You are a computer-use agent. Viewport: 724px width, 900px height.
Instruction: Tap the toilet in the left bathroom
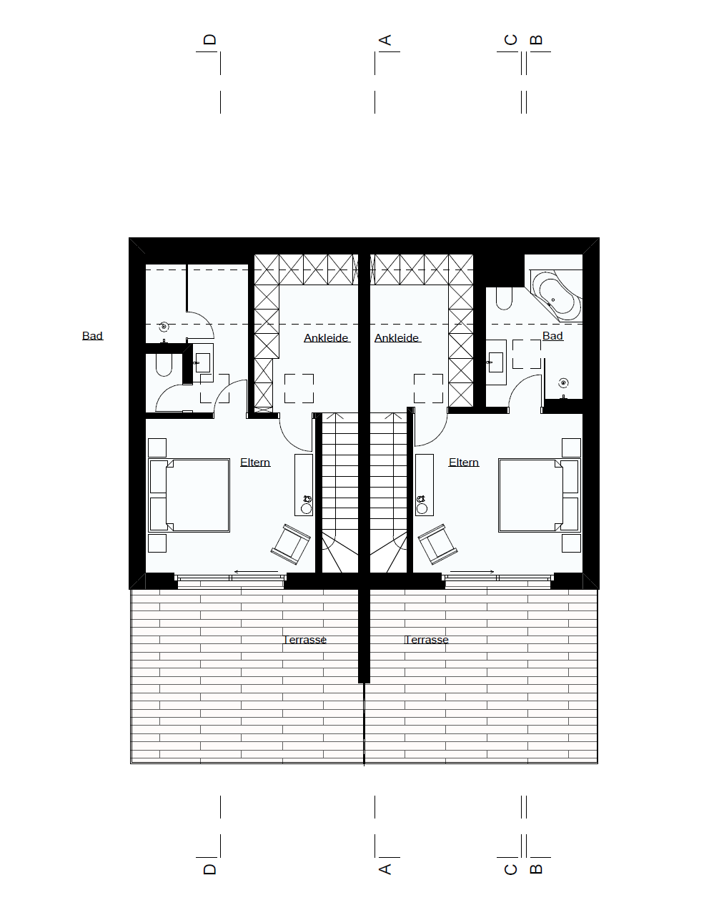[164, 365]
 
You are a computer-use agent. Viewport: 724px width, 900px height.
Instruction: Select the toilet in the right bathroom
[504, 299]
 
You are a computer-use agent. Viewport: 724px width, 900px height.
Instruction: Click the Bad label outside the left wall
[92, 336]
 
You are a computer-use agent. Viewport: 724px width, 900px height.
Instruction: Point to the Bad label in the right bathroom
[552, 336]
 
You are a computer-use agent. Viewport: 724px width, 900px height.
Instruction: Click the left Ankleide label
[326, 338]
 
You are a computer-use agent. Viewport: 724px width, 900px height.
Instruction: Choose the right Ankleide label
[397, 338]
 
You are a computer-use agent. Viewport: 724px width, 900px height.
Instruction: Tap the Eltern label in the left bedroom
[255, 462]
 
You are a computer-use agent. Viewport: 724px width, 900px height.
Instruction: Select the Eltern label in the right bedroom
[464, 462]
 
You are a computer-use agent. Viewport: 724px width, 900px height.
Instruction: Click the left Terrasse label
[304, 640]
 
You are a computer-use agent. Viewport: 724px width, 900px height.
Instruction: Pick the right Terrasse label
[426, 640]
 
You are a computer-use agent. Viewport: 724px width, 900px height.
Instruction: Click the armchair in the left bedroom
[291, 544]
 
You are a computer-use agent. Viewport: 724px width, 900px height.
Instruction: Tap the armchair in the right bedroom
[437, 544]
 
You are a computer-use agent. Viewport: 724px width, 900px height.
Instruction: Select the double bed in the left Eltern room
[189, 495]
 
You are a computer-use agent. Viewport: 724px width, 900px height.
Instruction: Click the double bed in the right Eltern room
[540, 495]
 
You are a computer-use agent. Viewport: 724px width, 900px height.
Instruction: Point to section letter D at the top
[209, 39]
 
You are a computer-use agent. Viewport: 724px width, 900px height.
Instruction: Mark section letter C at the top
[511, 40]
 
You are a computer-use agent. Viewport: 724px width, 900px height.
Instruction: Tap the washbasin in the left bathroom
[203, 362]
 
